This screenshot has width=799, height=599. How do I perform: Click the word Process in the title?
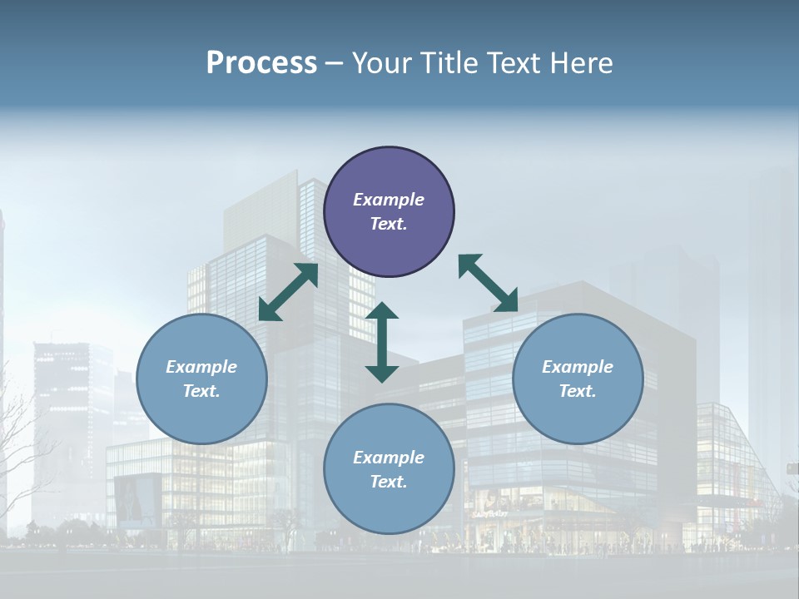[261, 63]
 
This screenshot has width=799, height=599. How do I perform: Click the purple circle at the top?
[389, 212]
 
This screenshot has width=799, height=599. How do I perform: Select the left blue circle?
[201, 379]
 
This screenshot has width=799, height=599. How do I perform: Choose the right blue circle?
[578, 379]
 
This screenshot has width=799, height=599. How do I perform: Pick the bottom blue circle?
[389, 469]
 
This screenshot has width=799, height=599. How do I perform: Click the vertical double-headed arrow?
[382, 342]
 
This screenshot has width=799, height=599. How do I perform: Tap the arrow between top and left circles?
[288, 292]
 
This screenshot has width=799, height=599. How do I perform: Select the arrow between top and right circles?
[489, 283]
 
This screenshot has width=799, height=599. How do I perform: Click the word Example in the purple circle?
[389, 200]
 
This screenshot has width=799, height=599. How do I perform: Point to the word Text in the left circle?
[201, 391]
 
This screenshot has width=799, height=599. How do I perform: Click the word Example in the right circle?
[578, 367]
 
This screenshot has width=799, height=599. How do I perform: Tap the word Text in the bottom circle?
[389, 482]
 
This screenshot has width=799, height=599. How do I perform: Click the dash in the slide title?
[334, 63]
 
